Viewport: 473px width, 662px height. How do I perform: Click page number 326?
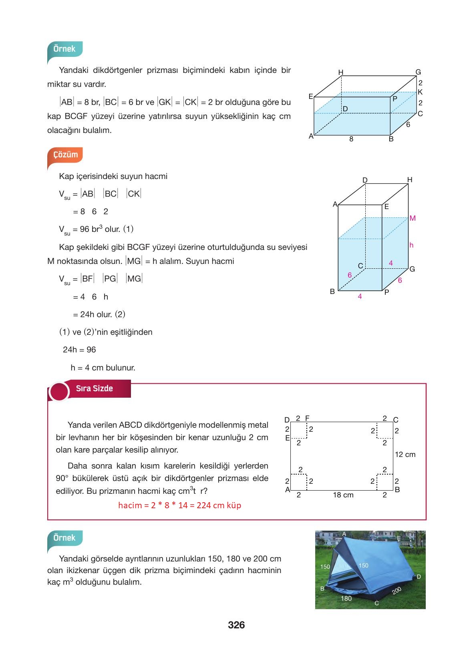coord(236,625)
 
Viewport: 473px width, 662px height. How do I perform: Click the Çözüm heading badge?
coord(65,155)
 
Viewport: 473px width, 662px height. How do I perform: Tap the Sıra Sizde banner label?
coord(95,388)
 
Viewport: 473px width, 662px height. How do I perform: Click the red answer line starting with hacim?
coord(179,505)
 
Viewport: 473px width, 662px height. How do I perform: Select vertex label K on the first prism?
coord(420,92)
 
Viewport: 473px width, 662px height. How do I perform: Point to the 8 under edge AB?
coord(351,139)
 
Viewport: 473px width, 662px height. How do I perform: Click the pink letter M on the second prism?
coord(413,218)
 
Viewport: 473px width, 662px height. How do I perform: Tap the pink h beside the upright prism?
coord(411,245)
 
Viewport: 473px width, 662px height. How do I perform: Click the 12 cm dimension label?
coord(405,455)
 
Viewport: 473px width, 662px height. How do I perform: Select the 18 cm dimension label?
coord(343,495)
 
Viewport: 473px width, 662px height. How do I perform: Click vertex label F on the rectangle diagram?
coord(307,418)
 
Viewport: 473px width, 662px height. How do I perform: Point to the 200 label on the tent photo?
coord(397,591)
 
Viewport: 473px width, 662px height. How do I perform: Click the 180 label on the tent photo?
coord(346,598)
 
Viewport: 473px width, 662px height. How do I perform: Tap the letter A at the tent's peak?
coord(344,533)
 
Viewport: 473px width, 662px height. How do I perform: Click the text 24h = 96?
coord(79,350)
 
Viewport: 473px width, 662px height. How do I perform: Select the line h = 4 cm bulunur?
coord(103,368)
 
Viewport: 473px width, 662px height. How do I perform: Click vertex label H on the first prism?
coord(341,72)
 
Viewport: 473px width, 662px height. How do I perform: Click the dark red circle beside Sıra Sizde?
coord(59,391)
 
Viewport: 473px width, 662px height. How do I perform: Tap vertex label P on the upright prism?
coord(386,292)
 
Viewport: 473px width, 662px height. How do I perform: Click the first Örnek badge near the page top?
coord(64,49)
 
